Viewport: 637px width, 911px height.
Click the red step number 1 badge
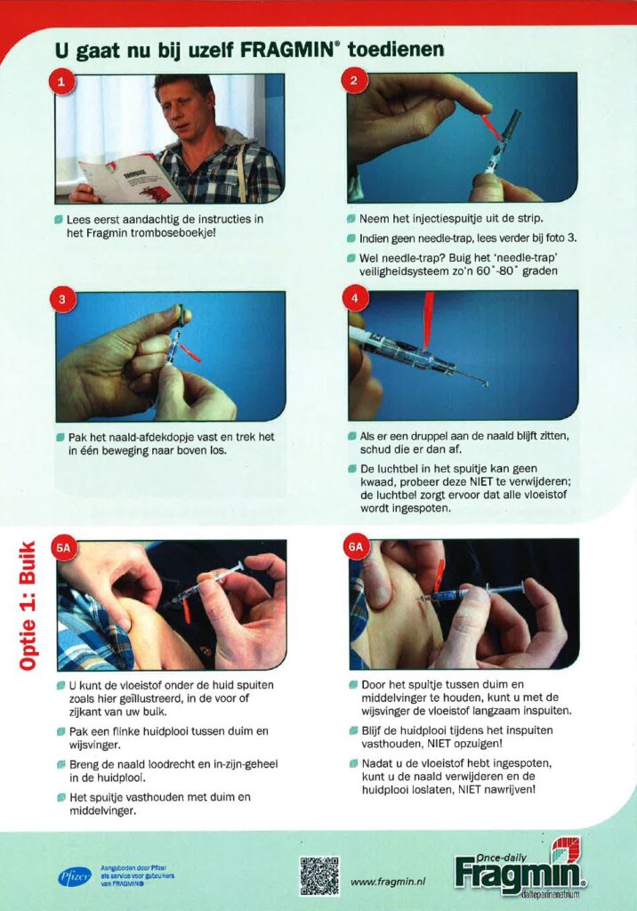pos(61,81)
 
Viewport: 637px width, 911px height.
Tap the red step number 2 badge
pos(354,80)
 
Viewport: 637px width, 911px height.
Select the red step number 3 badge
pos(62,300)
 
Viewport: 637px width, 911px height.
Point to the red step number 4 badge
pos(355,299)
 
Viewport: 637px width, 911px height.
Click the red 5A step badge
pos(64,548)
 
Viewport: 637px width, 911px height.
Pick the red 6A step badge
pos(356,547)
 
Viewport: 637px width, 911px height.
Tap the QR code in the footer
pos(319,875)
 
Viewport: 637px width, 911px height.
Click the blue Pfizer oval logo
pos(75,876)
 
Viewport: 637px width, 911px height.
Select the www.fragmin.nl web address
pos(388,882)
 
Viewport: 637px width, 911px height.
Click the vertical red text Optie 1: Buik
pos(28,605)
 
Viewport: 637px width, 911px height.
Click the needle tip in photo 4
pos(486,383)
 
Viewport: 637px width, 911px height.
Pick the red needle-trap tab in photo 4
pos(429,320)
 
